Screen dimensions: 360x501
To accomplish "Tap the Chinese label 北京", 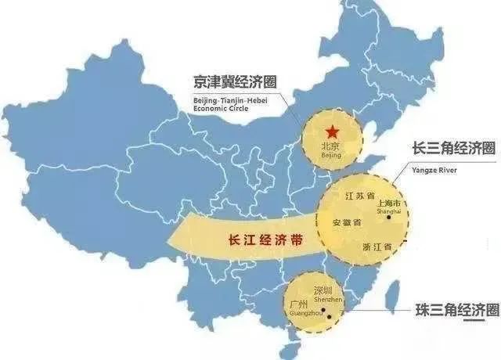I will point(331,146).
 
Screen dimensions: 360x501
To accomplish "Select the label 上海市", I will point(388,202).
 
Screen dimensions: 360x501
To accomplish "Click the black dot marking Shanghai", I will point(388,218).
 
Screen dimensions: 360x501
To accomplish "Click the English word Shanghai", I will point(391,211).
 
